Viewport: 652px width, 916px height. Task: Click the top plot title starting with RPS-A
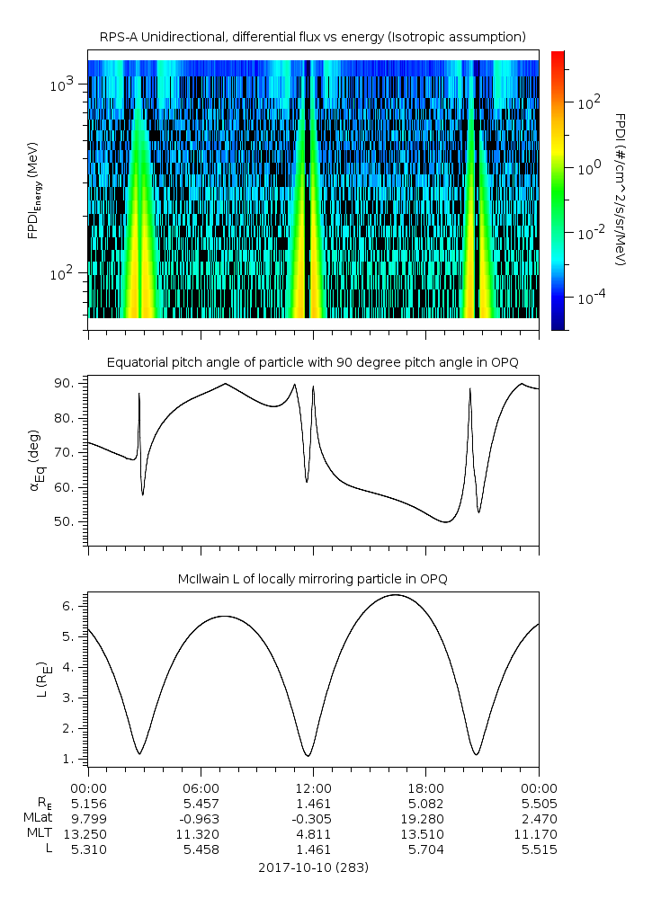(312, 36)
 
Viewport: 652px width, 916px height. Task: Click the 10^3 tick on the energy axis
(68, 84)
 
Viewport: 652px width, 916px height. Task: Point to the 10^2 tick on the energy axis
(68, 273)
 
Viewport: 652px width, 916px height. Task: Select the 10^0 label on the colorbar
(589, 168)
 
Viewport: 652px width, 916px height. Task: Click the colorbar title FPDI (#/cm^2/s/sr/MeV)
(620, 189)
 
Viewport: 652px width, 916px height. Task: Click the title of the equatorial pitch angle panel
(312, 362)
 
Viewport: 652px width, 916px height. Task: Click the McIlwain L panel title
(312, 579)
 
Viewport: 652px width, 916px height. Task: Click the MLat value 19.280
(425, 819)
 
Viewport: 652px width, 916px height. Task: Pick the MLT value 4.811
(313, 834)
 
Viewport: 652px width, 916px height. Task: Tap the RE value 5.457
(201, 804)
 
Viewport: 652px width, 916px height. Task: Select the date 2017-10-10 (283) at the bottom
(313, 867)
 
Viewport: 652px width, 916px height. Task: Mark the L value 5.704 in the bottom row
(425, 849)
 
